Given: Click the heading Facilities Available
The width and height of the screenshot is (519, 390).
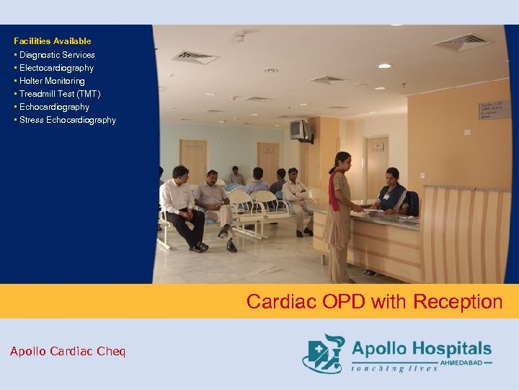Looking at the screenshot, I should (x=52, y=41).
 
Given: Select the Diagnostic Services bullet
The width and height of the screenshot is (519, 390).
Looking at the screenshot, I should (x=57, y=55).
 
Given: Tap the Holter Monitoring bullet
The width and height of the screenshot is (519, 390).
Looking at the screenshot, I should (x=52, y=81).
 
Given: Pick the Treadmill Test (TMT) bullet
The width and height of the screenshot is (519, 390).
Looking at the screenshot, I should (x=60, y=94).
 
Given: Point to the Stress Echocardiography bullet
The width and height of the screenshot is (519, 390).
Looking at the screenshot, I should (x=68, y=120).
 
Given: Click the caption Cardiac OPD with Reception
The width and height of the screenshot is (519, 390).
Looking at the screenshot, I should (x=374, y=301).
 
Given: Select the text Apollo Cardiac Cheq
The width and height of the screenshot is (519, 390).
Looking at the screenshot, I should (x=68, y=352).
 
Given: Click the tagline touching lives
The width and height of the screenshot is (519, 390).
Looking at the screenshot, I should (x=394, y=368).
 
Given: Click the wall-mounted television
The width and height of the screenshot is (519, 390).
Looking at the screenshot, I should (x=299, y=129).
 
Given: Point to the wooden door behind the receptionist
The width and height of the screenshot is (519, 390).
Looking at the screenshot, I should (x=377, y=166).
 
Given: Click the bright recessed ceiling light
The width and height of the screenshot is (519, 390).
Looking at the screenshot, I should (x=384, y=66).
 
